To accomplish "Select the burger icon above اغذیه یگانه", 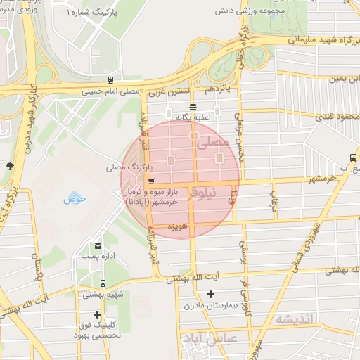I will point(193,106).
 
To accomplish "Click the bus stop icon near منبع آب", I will point(352,157).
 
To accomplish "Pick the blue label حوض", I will point(75,199).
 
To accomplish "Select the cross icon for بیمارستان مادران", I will point(209,294).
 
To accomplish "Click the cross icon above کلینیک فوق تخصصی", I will point(97,314).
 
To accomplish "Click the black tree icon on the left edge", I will point(9,166).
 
